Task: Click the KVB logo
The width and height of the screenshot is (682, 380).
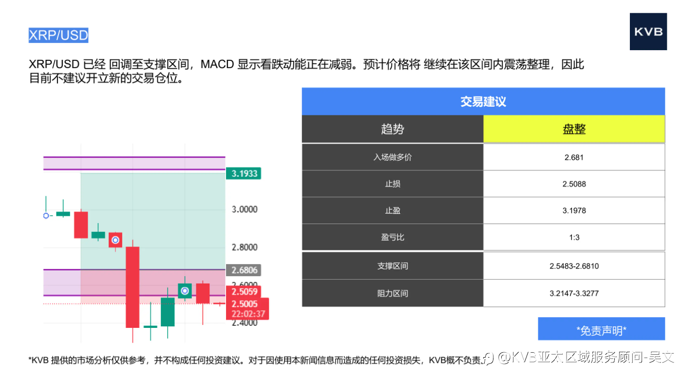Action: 648,31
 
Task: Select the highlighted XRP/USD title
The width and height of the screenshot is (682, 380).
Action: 58,35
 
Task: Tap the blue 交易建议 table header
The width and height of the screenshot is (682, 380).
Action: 483,101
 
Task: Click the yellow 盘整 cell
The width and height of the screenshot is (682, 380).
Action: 574,129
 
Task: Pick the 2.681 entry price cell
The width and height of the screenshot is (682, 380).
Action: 574,157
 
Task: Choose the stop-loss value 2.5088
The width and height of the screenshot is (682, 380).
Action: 574,184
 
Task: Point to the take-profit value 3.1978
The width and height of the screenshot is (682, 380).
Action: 574,210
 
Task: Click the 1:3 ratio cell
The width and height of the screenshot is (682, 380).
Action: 574,237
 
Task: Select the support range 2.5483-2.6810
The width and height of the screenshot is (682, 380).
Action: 574,266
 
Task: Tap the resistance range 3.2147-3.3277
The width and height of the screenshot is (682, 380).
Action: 574,293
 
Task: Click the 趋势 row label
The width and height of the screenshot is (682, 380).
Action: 393,129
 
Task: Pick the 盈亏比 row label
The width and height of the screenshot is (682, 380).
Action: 393,237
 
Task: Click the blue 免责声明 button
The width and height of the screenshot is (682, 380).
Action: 601,329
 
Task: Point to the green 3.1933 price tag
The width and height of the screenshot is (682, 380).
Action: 244,173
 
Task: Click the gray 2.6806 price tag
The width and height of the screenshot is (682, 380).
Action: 244,270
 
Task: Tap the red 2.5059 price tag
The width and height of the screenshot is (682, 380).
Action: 244,292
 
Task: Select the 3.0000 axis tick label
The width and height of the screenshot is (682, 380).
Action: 245,209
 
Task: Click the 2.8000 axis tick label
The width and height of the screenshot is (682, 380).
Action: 245,247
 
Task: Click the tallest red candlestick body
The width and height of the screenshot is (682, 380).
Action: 133,287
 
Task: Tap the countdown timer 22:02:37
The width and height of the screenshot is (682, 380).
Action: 248,314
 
